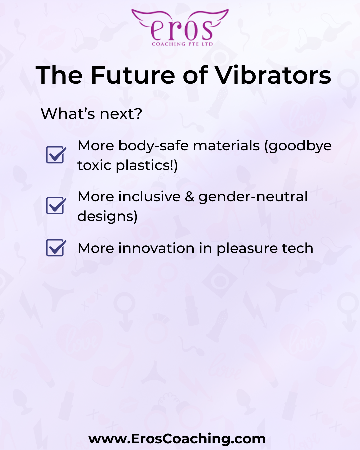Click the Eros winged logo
(x=180, y=27)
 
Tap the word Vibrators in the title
(x=273, y=75)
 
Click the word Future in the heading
(x=133, y=75)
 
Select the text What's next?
(x=91, y=114)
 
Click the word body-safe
(x=154, y=146)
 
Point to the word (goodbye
(x=298, y=146)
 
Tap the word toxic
(x=94, y=165)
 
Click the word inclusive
(x=149, y=197)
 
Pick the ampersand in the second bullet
(x=190, y=197)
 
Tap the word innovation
(x=156, y=248)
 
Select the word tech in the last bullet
(x=298, y=248)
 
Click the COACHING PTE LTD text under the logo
(x=182, y=44)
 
